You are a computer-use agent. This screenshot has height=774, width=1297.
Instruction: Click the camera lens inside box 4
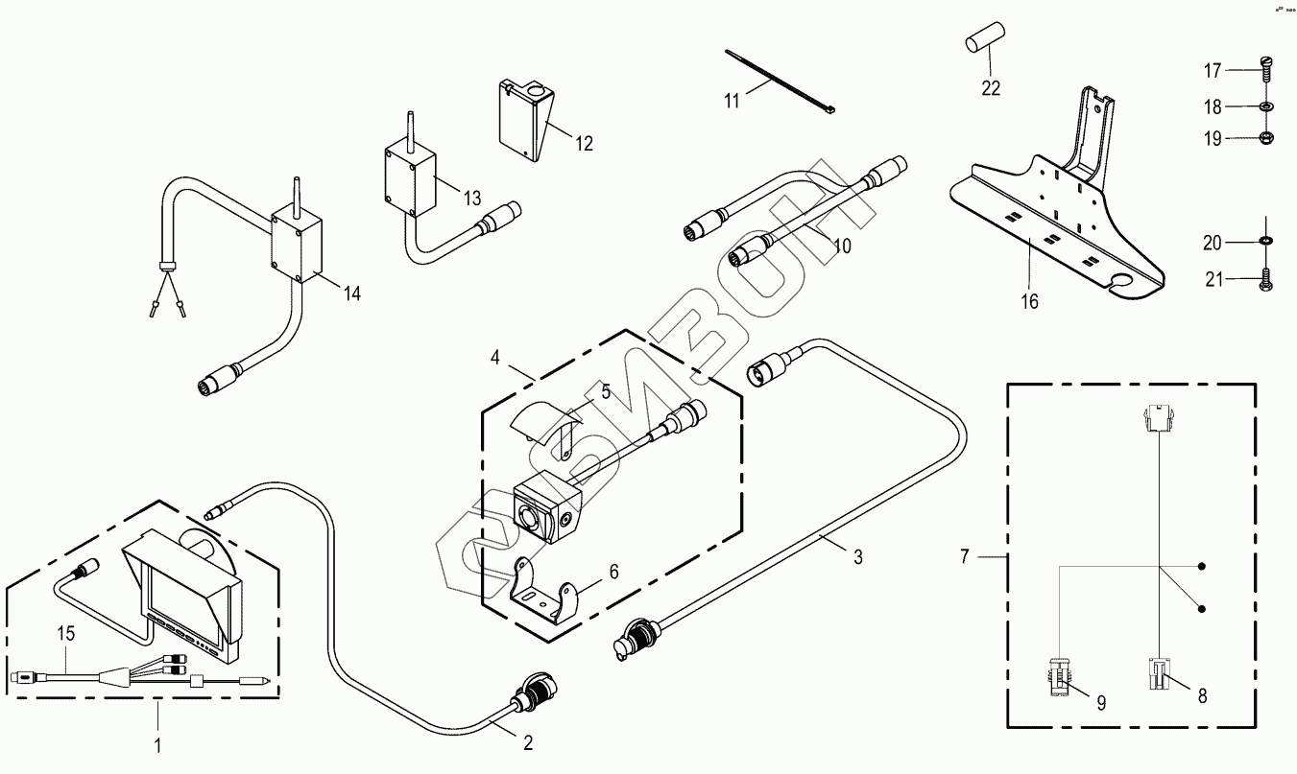(529, 516)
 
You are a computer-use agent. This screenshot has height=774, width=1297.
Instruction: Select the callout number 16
(1029, 302)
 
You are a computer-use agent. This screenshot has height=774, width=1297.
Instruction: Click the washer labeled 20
(1266, 239)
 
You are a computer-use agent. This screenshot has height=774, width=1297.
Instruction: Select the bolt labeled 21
(1266, 280)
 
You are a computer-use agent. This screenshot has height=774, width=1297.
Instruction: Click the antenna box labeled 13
(411, 176)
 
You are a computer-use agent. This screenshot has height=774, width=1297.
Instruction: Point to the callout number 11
(733, 100)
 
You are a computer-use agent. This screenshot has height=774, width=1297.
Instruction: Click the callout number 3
(857, 556)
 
